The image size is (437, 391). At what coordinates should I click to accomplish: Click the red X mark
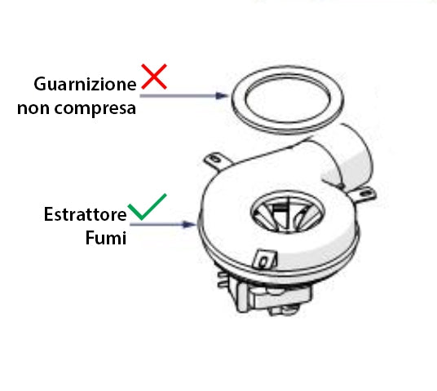tap(154, 77)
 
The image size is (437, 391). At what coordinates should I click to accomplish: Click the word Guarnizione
tap(85, 84)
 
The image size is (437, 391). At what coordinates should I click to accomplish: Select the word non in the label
tap(33, 108)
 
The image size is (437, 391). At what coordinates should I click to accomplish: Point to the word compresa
tap(95, 109)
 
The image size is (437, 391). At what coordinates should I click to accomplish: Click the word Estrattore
tap(86, 214)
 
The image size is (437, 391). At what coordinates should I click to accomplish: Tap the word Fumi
tap(106, 238)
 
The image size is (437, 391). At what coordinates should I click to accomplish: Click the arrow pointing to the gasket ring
tap(184, 96)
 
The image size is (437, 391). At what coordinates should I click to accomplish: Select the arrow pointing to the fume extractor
tap(163, 224)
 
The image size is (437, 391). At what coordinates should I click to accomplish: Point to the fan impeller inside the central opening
tap(287, 213)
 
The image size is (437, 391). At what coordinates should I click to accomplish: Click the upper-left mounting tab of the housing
tap(216, 160)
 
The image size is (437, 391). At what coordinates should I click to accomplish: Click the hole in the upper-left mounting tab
tap(214, 159)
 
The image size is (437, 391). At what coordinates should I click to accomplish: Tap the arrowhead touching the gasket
tap(222, 96)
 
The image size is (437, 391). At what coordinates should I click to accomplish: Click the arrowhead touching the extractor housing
tap(190, 224)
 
